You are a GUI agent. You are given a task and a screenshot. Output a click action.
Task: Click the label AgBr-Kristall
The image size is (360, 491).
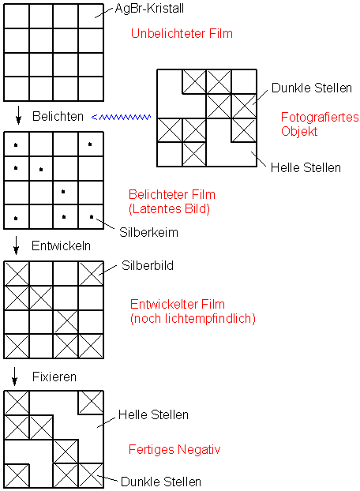click(x=149, y=9)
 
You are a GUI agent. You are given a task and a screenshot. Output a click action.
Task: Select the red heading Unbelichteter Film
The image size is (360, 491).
click(x=182, y=33)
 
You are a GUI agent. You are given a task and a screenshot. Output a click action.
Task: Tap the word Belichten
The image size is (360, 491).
click(x=58, y=117)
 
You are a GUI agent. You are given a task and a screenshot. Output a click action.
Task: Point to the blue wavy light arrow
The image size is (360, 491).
click(x=121, y=117)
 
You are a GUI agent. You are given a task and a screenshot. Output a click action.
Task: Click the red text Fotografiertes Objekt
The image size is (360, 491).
click(x=320, y=124)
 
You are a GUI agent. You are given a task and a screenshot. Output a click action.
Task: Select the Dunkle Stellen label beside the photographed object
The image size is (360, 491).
click(x=312, y=88)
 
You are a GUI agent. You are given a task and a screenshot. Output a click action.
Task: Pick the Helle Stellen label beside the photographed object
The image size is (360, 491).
click(x=306, y=168)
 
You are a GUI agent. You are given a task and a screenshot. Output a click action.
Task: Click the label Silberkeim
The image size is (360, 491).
click(x=148, y=232)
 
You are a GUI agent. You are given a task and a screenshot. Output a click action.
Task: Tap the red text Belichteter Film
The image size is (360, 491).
click(x=172, y=194)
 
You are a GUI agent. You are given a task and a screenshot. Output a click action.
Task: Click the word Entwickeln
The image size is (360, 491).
click(x=61, y=246)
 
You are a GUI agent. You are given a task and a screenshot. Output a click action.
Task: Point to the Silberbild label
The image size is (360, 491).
click(x=148, y=265)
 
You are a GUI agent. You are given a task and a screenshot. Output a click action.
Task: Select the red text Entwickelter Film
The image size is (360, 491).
click(x=178, y=305)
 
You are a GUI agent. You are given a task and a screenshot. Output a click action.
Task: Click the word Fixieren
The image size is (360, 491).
click(x=54, y=377)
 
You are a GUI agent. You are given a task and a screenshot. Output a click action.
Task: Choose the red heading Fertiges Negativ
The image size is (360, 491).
click(x=174, y=450)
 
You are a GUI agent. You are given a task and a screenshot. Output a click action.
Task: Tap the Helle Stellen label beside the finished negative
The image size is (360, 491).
click(x=153, y=415)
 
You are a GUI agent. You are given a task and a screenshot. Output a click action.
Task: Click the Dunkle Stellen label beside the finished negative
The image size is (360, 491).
click(x=161, y=482)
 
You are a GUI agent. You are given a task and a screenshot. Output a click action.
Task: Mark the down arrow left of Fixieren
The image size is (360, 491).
click(x=14, y=376)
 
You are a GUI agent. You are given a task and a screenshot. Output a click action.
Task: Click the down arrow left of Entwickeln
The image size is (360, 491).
click(x=17, y=245)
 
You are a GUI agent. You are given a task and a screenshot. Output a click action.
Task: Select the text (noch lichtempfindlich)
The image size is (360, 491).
click(x=193, y=318)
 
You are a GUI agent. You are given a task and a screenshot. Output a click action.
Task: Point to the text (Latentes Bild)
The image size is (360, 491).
click(x=169, y=208)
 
